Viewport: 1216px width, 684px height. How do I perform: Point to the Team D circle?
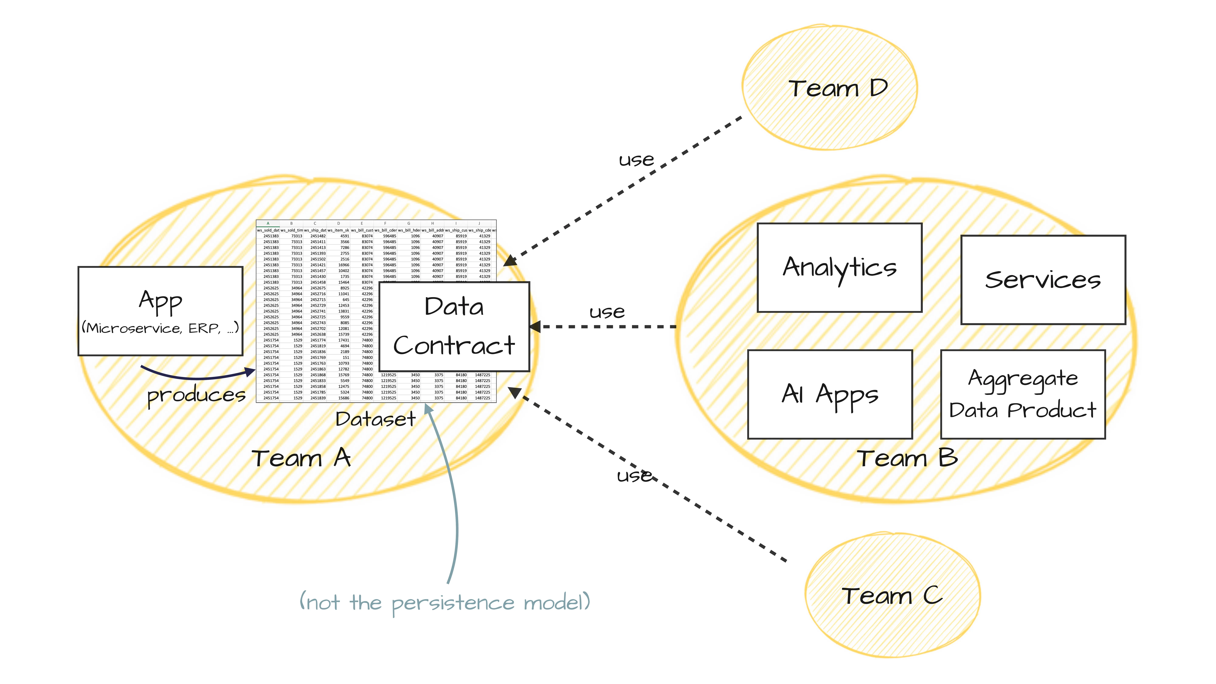pos(829,88)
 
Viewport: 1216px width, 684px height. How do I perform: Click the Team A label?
pos(301,458)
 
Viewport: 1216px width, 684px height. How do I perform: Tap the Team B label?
pos(907,458)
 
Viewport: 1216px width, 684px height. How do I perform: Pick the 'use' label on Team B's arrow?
pos(607,312)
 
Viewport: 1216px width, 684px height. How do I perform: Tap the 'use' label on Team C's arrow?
pos(634,475)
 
